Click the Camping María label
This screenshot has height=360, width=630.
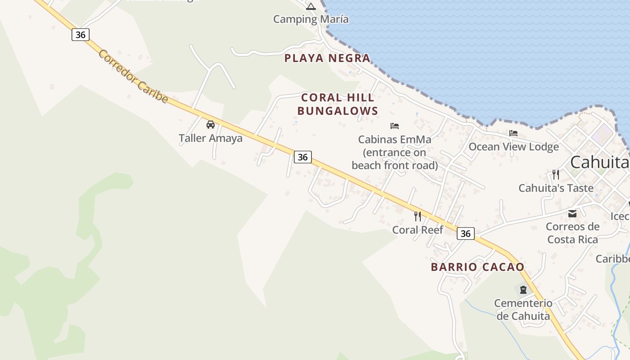tap(311, 19)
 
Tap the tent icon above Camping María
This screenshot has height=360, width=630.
tap(311, 6)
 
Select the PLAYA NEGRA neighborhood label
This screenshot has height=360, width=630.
tap(328, 58)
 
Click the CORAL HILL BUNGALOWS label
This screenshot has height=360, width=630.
tap(337, 104)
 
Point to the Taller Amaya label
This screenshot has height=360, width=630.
tap(211, 138)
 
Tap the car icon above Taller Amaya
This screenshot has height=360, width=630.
tap(210, 125)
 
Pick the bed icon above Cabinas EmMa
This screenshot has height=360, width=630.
tap(395, 126)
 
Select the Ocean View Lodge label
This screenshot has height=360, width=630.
tap(513, 147)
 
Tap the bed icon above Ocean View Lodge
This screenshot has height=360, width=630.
tap(513, 133)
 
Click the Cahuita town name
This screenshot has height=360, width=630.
tap(599, 162)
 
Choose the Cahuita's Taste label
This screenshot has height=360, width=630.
tap(556, 188)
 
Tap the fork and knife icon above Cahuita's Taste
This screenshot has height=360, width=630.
tap(556, 175)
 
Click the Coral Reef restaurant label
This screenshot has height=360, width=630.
tap(418, 230)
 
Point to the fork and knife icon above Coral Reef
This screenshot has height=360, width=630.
tap(418, 216)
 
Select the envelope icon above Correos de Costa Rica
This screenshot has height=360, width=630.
tap(572, 213)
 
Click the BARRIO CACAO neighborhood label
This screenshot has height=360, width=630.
tap(477, 267)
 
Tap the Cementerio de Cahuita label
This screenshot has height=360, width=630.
tap(523, 310)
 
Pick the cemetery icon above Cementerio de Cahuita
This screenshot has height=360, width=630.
tap(523, 289)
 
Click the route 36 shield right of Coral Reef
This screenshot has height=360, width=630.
tap(466, 234)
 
